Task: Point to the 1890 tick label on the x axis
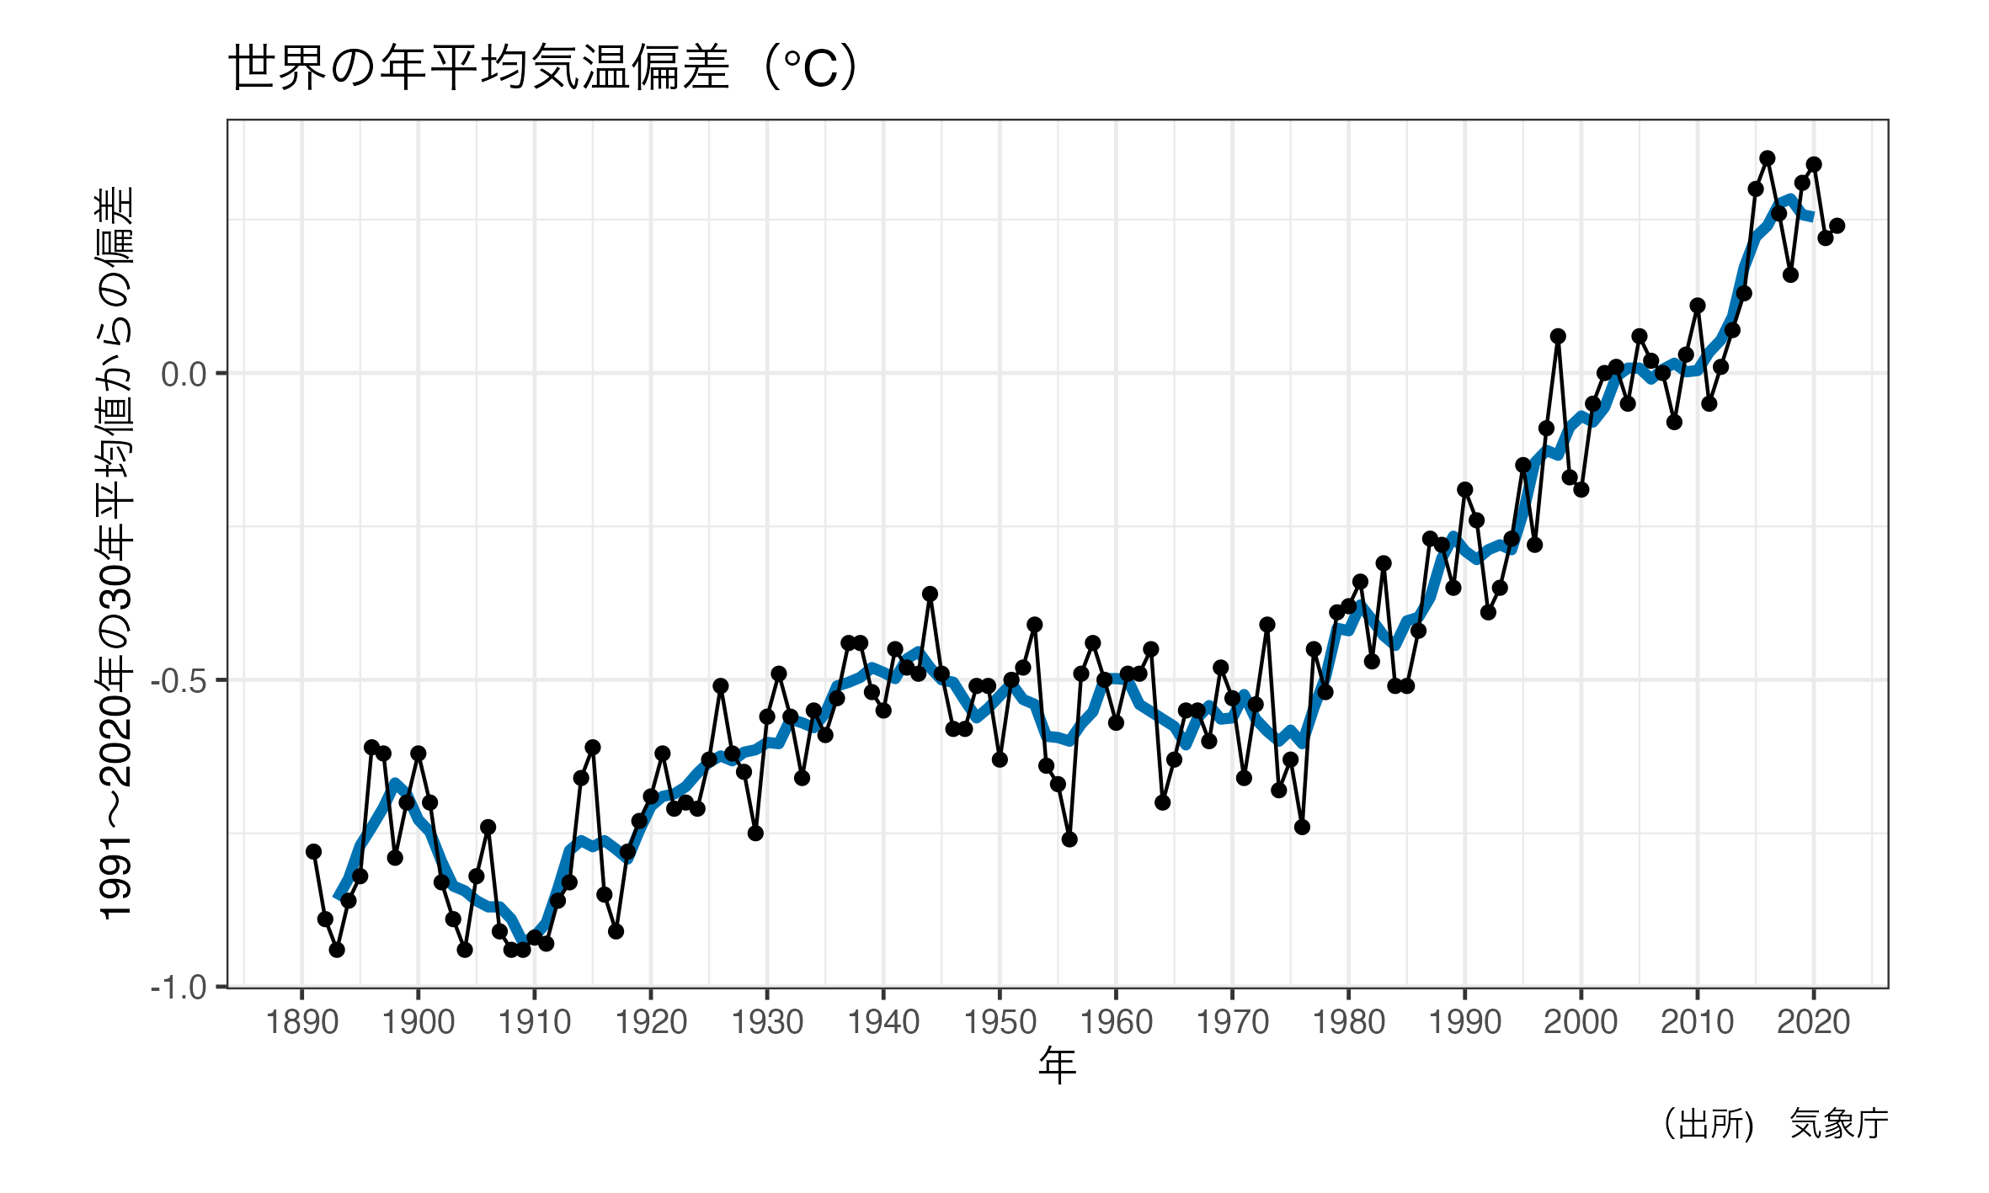click(301, 1023)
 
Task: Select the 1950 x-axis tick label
click(1000, 1023)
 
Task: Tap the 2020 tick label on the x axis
click(1813, 1023)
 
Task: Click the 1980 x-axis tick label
click(1348, 1023)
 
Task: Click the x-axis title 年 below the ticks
click(1057, 1066)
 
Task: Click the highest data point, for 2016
click(1767, 158)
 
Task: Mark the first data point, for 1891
click(313, 852)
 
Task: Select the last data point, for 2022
click(1837, 226)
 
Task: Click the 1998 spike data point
click(1558, 336)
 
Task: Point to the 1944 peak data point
click(930, 594)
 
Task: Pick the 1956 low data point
click(1069, 839)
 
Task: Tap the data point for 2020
click(1814, 164)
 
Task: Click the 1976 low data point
click(1302, 828)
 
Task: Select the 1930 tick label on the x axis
click(767, 1023)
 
